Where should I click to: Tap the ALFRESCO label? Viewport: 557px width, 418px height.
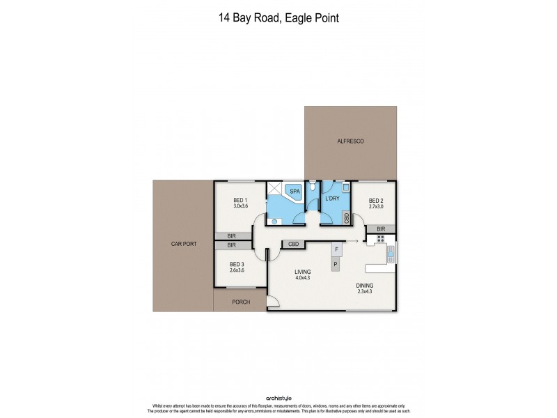[350, 141]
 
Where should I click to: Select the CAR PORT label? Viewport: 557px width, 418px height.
[182, 245]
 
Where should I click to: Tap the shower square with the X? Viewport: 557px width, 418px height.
[274, 189]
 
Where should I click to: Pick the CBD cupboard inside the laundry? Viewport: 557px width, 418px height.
[347, 217]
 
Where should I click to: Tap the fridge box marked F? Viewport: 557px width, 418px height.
[337, 249]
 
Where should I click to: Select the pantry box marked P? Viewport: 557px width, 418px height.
[336, 264]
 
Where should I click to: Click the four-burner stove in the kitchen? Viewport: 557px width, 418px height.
[381, 239]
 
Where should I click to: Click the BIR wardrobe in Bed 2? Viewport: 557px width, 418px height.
[380, 229]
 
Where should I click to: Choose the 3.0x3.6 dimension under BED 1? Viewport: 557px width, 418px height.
[240, 206]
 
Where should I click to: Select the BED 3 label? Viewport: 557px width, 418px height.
[237, 264]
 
